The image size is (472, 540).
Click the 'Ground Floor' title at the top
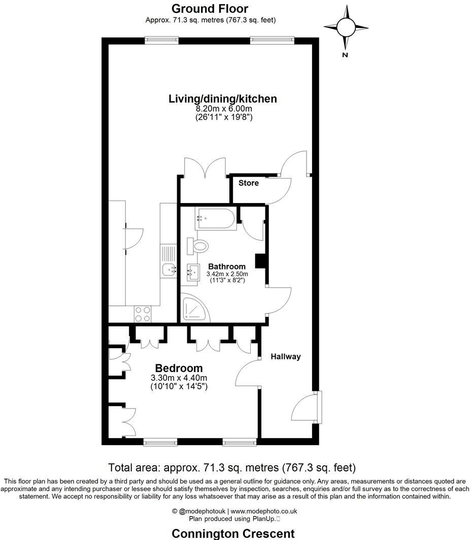click(x=210, y=9)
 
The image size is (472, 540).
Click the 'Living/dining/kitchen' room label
click(x=223, y=98)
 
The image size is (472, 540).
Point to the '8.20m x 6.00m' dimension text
click(x=224, y=109)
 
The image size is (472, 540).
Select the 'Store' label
click(x=248, y=183)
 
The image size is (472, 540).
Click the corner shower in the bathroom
click(x=195, y=309)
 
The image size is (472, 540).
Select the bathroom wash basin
click(x=193, y=273)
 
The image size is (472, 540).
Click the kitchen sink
click(x=168, y=269)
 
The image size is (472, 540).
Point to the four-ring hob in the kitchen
click(x=143, y=314)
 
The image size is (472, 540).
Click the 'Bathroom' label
click(x=226, y=266)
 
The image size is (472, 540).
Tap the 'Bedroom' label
click(x=179, y=368)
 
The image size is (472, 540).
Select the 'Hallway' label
click(x=285, y=357)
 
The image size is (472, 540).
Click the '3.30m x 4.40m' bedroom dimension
click(x=179, y=378)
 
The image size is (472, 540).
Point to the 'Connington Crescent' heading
click(x=233, y=533)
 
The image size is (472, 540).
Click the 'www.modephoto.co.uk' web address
click(x=264, y=512)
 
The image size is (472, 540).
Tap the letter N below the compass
click(x=345, y=55)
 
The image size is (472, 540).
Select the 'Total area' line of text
click(x=232, y=467)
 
